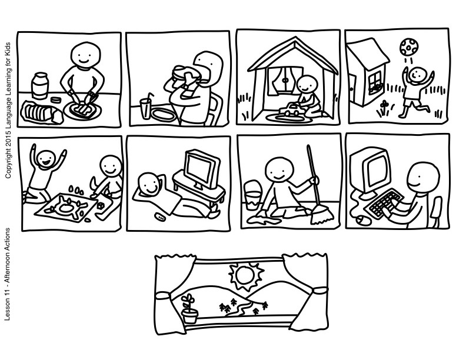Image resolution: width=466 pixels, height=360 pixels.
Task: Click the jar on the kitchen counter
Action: (x=40, y=85)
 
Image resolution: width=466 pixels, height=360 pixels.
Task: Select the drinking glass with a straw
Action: (x=146, y=106)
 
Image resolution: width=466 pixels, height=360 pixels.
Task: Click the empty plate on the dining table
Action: (x=162, y=114)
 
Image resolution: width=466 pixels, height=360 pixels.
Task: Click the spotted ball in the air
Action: (x=408, y=47)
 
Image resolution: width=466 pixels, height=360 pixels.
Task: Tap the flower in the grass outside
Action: (x=384, y=108)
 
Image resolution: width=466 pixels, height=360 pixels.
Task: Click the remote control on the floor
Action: (x=161, y=216)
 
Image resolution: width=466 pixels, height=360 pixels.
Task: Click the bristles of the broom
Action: (x=322, y=215)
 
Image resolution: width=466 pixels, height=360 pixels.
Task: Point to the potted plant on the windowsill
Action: (x=189, y=309)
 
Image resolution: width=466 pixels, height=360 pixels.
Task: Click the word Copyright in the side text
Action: (x=8, y=165)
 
